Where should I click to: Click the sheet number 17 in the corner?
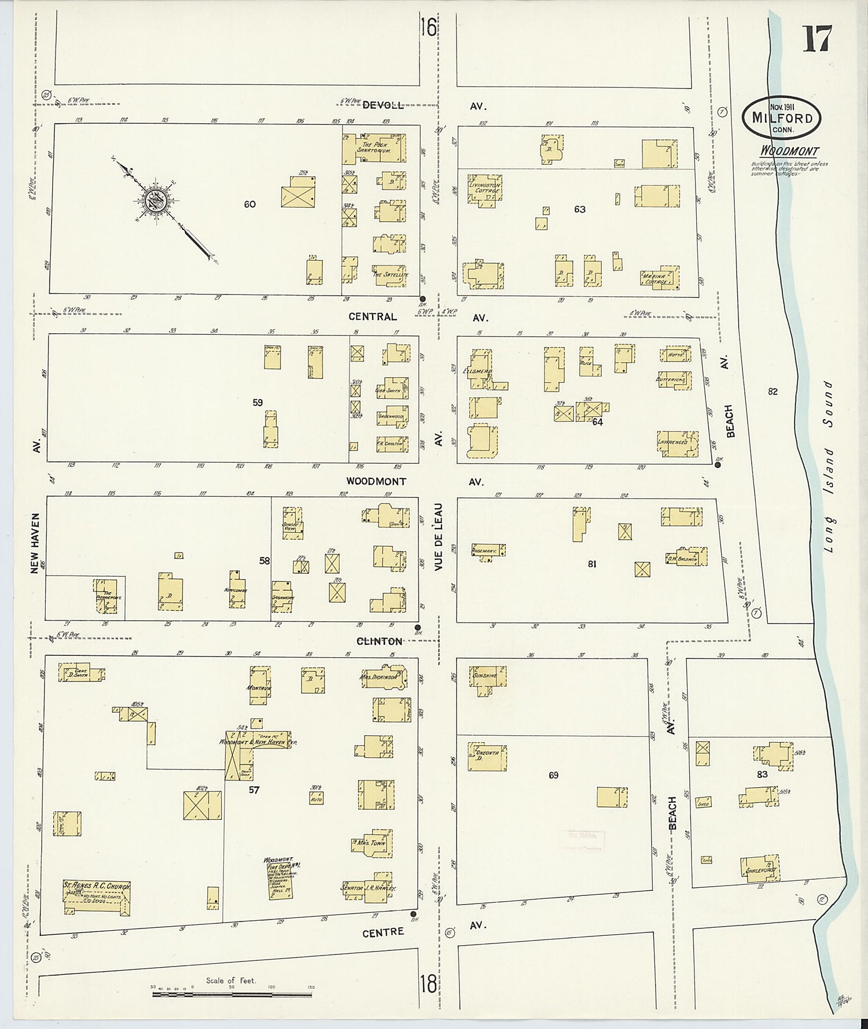click(816, 39)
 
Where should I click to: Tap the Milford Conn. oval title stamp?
click(782, 118)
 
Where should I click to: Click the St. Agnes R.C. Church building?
click(97, 897)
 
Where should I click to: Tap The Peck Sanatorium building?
click(374, 147)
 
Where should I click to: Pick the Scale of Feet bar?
click(231, 994)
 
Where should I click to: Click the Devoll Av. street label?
click(383, 105)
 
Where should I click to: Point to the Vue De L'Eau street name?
click(439, 536)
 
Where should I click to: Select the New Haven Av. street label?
click(35, 544)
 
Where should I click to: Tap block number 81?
click(592, 564)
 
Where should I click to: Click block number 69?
click(554, 775)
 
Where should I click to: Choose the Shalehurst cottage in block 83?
click(760, 869)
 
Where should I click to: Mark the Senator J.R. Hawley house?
click(370, 887)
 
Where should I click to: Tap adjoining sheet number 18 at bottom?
click(428, 983)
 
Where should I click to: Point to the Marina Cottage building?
click(660, 278)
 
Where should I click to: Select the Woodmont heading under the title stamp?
click(789, 152)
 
